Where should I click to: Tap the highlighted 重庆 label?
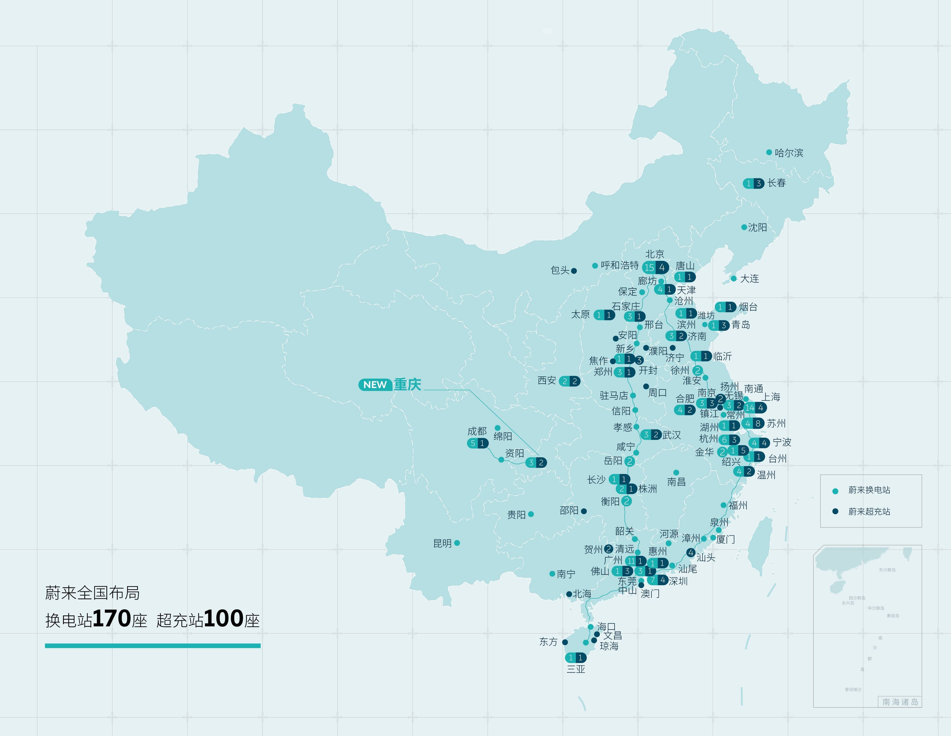408,385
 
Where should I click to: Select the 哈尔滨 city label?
789,153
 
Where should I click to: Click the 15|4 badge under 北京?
655,267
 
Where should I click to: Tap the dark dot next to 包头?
574,271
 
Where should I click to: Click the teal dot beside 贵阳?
531,514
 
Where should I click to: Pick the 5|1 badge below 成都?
477,443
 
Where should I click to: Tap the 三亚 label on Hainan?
576,669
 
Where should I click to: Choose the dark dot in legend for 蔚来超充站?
835,511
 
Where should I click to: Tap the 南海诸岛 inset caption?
900,702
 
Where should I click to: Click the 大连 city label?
749,279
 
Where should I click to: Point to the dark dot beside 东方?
565,642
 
